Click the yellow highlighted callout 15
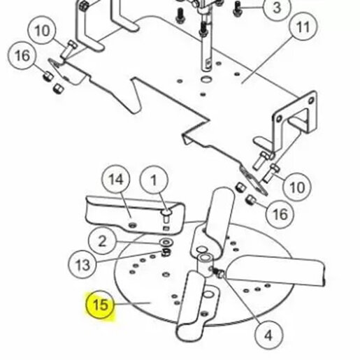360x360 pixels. coord(100,305)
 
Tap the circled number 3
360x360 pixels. coord(277,8)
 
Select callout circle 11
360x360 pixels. coord(303,27)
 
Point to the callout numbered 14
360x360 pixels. coord(116,179)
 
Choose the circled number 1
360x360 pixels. coord(154,180)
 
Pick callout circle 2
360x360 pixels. coord(102,241)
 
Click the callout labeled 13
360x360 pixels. coord(82,265)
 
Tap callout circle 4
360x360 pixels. coord(268,336)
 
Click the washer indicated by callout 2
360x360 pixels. coord(166,243)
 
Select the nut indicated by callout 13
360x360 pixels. coord(166,252)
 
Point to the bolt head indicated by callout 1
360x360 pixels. coord(167,213)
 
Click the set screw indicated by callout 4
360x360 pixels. coord(218,273)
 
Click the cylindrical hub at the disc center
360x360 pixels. coord(205,265)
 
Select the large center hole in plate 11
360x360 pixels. coord(206,79)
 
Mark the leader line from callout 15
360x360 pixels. coord(133,303)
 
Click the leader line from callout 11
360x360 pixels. coord(268,61)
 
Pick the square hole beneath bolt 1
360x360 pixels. coord(166,229)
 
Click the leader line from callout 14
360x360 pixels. coord(126,205)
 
